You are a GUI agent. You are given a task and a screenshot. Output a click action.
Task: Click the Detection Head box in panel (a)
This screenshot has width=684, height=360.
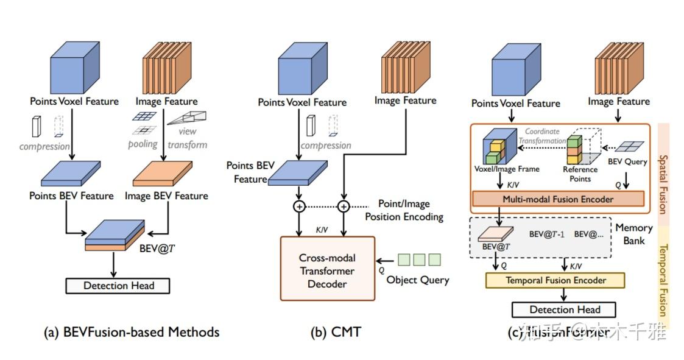(118, 286)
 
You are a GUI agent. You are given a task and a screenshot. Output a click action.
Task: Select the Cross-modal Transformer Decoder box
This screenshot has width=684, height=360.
(328, 269)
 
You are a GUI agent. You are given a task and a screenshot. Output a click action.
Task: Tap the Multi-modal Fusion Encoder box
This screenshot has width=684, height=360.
(557, 199)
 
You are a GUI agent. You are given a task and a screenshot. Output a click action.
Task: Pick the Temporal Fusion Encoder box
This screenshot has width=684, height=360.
(555, 280)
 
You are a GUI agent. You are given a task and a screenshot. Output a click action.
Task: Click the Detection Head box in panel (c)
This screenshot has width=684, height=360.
(564, 309)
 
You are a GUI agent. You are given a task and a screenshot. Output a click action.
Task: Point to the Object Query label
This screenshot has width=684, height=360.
(418, 280)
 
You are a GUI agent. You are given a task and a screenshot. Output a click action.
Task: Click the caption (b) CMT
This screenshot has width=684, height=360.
(336, 332)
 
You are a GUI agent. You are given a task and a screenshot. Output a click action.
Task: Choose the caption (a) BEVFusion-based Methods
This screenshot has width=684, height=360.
(132, 332)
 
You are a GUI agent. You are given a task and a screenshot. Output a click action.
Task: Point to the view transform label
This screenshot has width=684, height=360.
(187, 138)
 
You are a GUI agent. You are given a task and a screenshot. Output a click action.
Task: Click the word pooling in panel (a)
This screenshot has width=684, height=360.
(143, 144)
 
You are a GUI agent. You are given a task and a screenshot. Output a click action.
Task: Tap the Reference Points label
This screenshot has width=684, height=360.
(580, 174)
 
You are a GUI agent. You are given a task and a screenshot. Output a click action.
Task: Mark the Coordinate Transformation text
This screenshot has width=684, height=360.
(543, 136)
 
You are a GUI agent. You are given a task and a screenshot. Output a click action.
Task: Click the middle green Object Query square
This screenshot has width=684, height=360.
(418, 259)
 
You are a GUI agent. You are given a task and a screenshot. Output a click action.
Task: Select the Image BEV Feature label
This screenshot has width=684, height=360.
(166, 196)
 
